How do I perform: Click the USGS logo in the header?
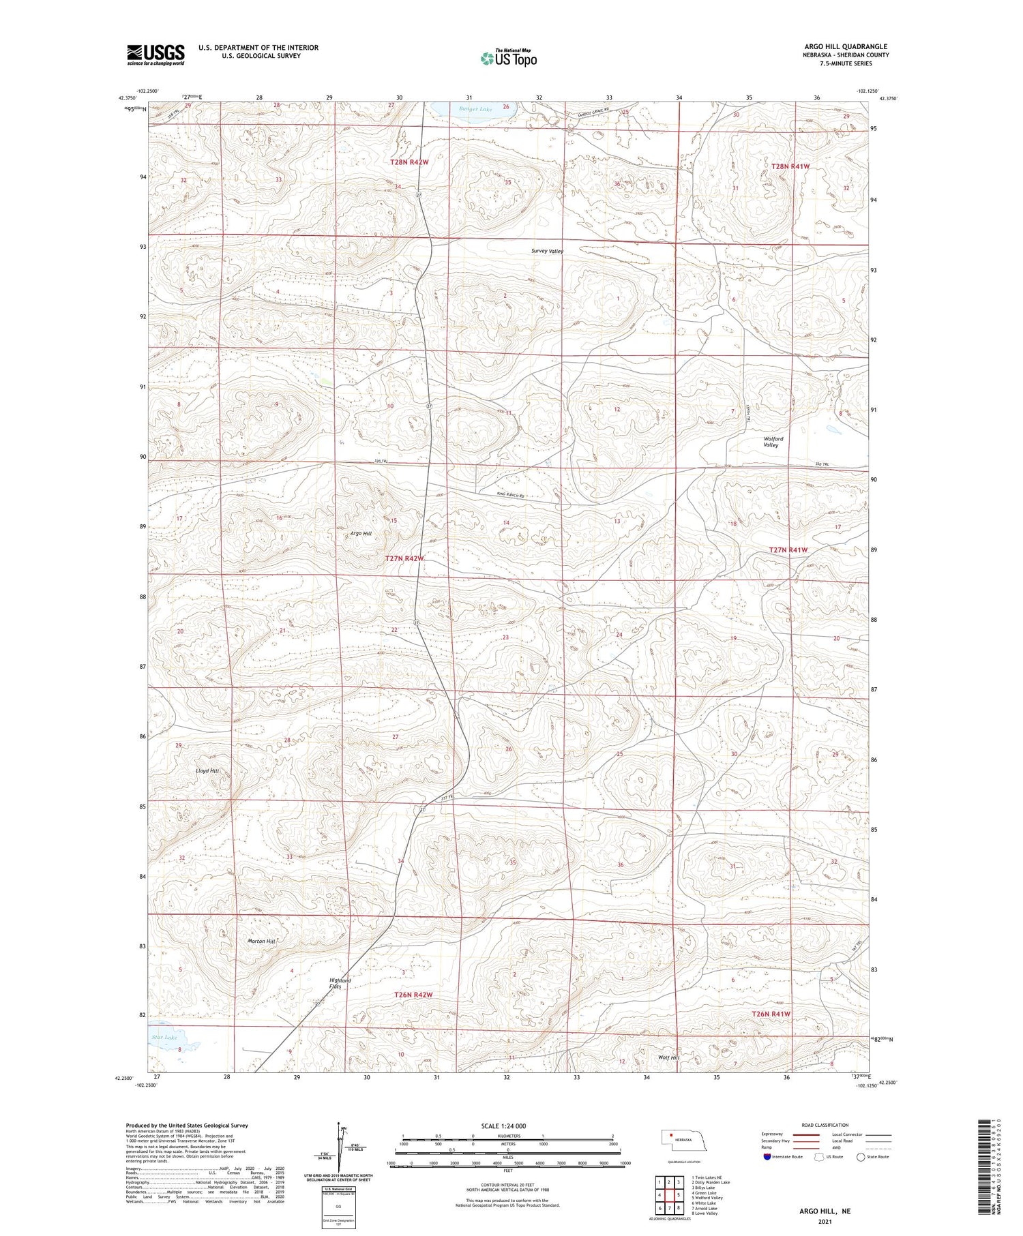point(155,55)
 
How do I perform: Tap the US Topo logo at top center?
point(508,58)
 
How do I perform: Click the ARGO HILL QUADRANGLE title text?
point(846,46)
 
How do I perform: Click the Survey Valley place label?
point(548,252)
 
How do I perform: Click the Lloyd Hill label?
point(208,770)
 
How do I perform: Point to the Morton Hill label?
point(261,941)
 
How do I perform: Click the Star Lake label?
point(166,1037)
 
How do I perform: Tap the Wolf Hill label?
point(668,1057)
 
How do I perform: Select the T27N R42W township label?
point(405,558)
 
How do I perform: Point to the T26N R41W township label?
point(771,1014)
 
